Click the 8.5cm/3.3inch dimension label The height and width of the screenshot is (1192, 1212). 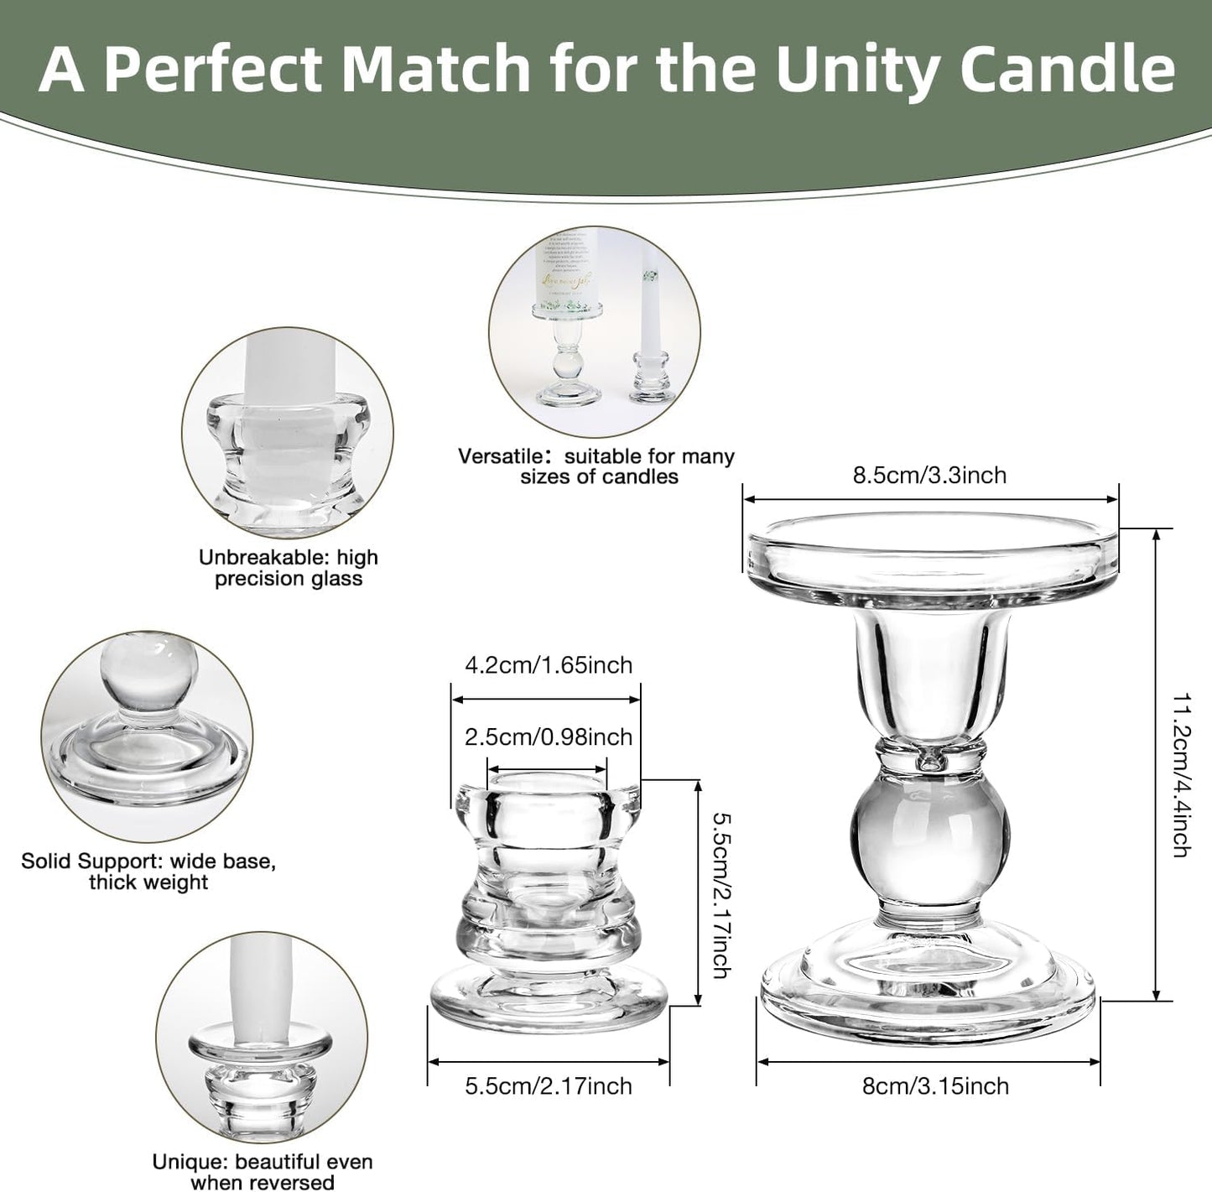tap(929, 475)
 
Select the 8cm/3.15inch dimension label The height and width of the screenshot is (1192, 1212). tap(935, 1085)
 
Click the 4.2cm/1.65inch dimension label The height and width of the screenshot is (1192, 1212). tap(549, 665)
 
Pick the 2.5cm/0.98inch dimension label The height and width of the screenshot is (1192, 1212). tap(549, 737)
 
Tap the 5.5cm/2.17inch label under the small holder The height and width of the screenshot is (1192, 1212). tap(549, 1085)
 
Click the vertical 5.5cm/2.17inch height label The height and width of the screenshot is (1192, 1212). tap(720, 893)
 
